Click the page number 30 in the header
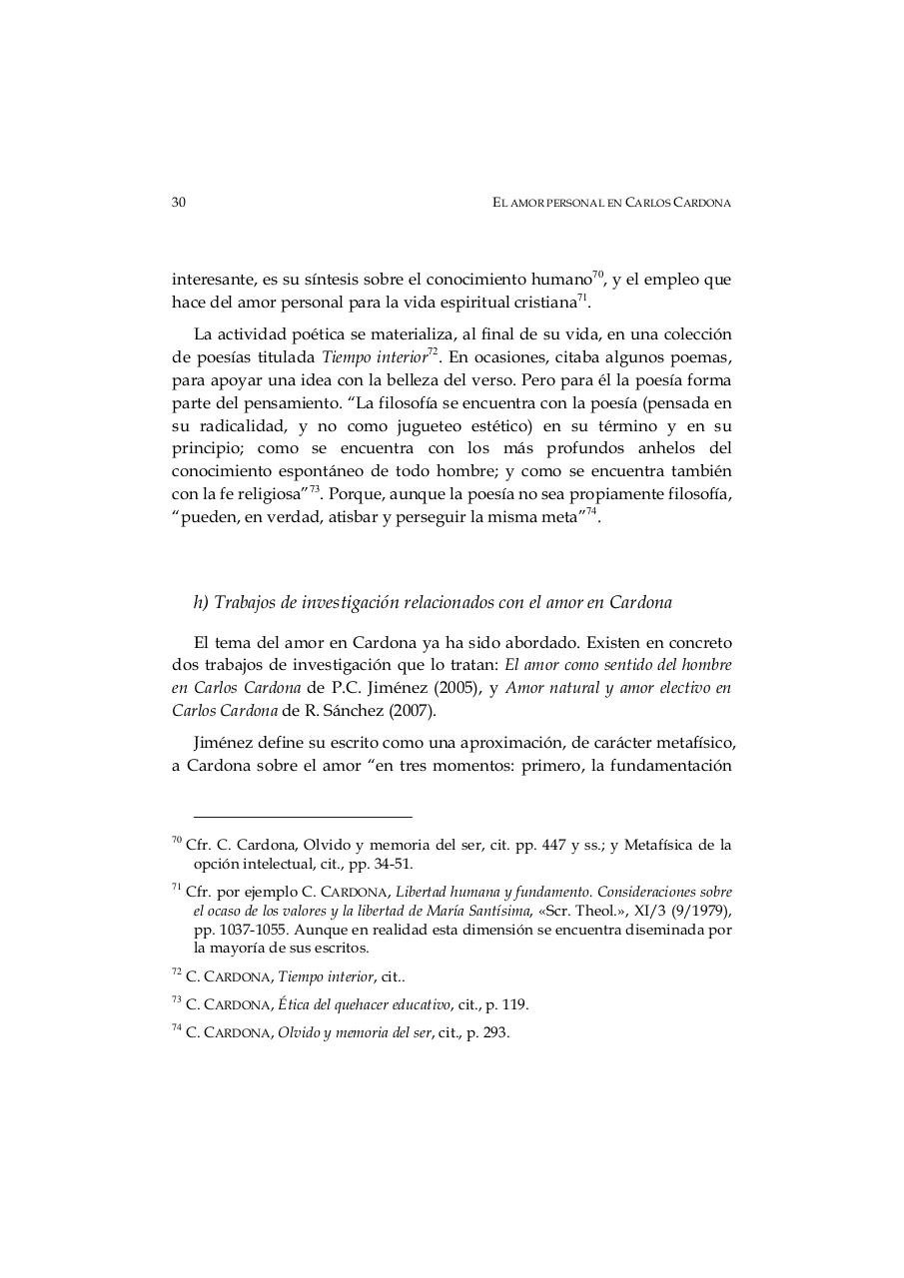179,203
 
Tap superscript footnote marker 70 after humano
598,274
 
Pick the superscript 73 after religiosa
314,488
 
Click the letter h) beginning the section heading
200,603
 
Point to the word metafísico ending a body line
699,744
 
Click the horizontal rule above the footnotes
303,817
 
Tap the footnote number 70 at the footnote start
177,841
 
